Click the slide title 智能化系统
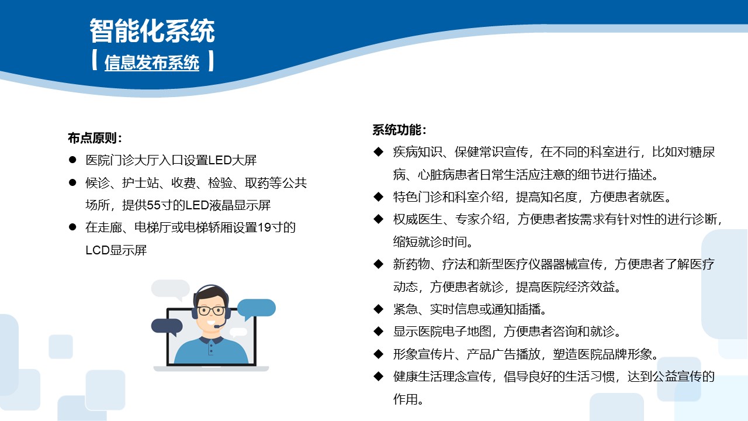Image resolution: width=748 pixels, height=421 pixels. click(x=152, y=31)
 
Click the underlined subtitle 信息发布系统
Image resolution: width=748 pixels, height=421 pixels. click(x=152, y=63)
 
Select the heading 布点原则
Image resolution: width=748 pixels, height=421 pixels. click(x=95, y=138)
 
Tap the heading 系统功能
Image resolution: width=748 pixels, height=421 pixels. click(x=400, y=130)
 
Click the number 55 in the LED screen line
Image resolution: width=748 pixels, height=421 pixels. click(x=154, y=205)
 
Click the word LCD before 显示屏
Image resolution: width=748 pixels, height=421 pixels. click(x=98, y=250)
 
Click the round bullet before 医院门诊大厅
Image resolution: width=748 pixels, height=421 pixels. click(x=72, y=160)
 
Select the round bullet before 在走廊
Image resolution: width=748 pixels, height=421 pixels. click(x=72, y=227)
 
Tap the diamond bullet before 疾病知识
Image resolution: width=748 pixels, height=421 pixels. click(x=378, y=152)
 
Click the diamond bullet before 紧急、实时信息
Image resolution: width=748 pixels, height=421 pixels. click(x=378, y=308)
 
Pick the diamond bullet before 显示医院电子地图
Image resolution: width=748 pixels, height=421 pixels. click(x=378, y=331)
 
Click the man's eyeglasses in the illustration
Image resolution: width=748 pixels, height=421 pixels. click(x=211, y=310)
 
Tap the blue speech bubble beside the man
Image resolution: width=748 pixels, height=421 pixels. click(x=256, y=308)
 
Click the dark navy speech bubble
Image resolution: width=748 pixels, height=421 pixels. click(x=167, y=326)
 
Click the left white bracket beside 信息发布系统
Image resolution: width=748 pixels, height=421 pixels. click(x=95, y=61)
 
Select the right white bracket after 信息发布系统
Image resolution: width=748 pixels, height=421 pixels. click(x=210, y=61)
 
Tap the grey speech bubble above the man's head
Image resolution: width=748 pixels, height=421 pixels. click(x=170, y=289)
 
